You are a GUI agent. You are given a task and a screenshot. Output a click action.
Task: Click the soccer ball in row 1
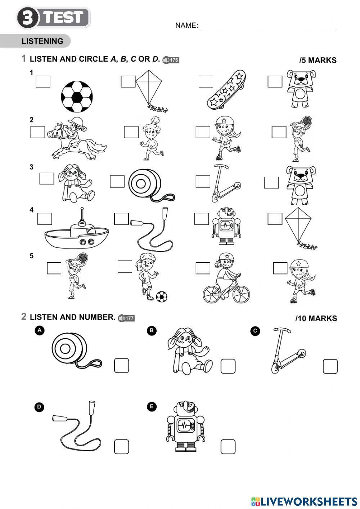click(x=77, y=97)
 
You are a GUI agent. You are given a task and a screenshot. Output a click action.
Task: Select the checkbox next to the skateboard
click(x=206, y=81)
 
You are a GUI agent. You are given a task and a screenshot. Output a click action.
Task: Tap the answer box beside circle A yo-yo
click(x=121, y=366)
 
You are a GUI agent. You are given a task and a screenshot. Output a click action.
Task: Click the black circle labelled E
click(x=152, y=407)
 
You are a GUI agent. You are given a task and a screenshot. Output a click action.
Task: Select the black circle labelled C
click(x=255, y=331)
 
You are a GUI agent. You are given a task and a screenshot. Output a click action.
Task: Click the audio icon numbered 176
click(x=171, y=60)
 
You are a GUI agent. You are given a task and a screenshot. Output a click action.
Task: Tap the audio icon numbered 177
click(x=126, y=318)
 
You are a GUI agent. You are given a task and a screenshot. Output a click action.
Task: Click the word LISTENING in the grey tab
click(x=42, y=41)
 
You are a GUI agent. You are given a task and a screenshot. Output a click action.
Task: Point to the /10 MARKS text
click(x=316, y=318)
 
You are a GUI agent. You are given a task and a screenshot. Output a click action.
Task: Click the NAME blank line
click(x=267, y=26)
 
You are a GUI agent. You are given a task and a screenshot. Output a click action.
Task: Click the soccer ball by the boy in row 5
click(x=162, y=296)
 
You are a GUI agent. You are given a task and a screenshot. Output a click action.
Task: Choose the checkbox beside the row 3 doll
click(x=47, y=179)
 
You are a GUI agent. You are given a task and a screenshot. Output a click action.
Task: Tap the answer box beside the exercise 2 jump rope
click(x=121, y=447)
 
